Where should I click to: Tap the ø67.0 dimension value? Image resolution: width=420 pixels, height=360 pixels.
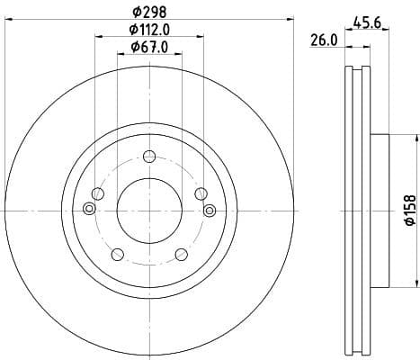coord(148,47)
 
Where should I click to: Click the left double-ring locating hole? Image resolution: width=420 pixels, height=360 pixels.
coord(88,210)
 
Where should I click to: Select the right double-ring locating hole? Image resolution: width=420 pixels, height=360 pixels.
coord(209,210)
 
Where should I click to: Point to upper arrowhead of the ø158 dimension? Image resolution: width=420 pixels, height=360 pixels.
coord(416,138)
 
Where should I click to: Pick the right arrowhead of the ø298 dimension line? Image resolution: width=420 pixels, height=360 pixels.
coord(291,18)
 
